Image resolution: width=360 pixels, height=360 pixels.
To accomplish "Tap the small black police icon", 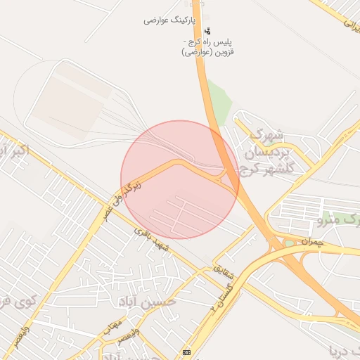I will point(207,32).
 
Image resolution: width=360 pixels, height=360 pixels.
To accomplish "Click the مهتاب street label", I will point(112,324).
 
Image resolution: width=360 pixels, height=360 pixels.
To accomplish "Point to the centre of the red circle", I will point(180,180).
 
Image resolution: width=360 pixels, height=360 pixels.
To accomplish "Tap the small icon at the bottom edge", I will point(186,352).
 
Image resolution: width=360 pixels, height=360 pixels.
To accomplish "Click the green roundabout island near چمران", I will point(289,243).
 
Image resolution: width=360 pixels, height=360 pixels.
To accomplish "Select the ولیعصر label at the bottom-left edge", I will point(22,335).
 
